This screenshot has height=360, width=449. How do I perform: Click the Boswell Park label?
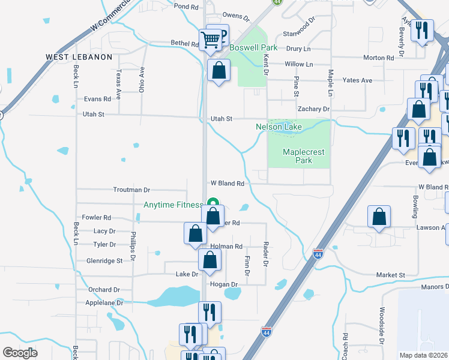[x=253, y=47]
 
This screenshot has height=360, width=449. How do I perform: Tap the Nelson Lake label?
[x=278, y=127]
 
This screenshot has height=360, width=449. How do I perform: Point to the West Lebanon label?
[x=79, y=57]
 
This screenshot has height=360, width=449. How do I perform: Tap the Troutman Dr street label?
[x=131, y=189]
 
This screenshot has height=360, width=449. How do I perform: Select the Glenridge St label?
[x=104, y=261]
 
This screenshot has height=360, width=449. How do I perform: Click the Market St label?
[x=391, y=275]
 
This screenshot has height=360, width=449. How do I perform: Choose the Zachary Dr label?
[x=314, y=109]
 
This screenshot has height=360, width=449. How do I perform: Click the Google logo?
[x=20, y=353]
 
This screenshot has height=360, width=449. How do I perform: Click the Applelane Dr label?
[x=105, y=303]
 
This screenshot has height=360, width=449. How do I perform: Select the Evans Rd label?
[x=98, y=99]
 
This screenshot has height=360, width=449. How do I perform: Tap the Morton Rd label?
[x=378, y=58]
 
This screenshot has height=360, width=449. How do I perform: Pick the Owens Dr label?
[x=235, y=16]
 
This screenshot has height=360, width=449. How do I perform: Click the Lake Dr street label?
[x=187, y=274]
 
